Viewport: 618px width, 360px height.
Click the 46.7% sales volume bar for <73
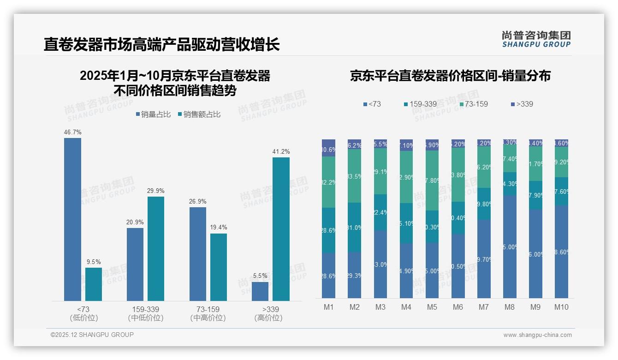(x=72, y=219)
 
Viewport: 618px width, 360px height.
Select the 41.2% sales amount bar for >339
(x=281, y=229)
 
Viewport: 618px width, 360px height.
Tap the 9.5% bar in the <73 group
(x=94, y=284)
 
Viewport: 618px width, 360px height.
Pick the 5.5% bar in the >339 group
(x=260, y=291)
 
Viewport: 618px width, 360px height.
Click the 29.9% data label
(x=156, y=191)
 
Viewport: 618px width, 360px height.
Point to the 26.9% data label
(x=198, y=201)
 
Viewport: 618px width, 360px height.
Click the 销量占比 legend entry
(x=154, y=114)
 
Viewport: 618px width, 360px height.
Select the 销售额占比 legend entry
(x=199, y=114)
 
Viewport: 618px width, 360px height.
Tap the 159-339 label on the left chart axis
(x=146, y=309)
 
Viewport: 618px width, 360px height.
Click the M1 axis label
(x=328, y=307)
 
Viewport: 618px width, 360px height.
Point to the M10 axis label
(x=561, y=307)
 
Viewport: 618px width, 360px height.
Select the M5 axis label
(x=432, y=307)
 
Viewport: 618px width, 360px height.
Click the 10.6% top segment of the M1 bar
(x=328, y=148)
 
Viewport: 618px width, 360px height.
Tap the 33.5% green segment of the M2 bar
(x=354, y=176)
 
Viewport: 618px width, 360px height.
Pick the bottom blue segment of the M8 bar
(x=510, y=246)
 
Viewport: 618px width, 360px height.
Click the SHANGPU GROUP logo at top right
(x=536, y=39)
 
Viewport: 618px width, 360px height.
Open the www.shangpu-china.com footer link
(x=537, y=335)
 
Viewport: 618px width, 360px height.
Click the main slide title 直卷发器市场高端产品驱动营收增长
(x=161, y=45)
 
